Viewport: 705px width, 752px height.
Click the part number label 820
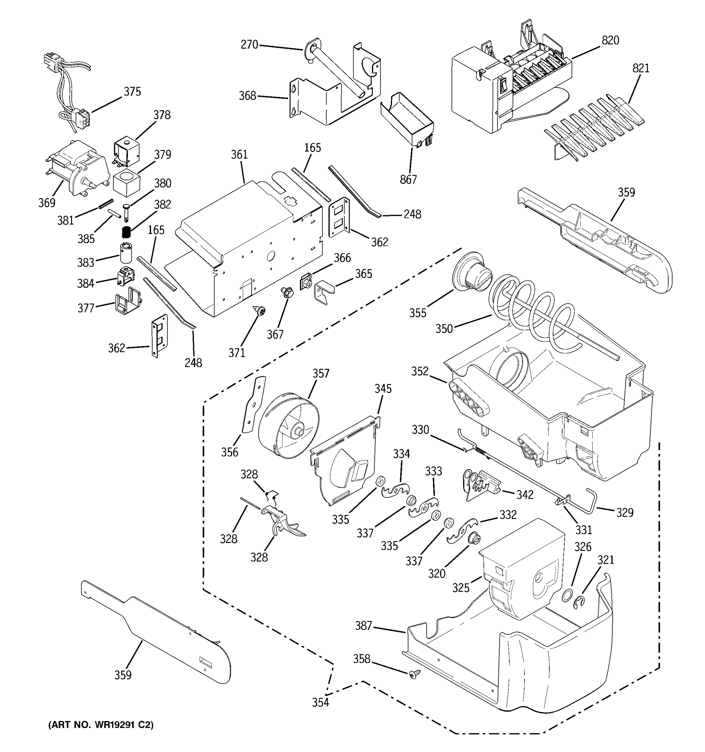pyautogui.click(x=610, y=40)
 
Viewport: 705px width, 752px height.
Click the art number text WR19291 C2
pyautogui.click(x=101, y=725)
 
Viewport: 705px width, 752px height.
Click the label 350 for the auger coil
pyautogui.click(x=444, y=328)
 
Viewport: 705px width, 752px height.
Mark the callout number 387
pyautogui.click(x=363, y=626)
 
